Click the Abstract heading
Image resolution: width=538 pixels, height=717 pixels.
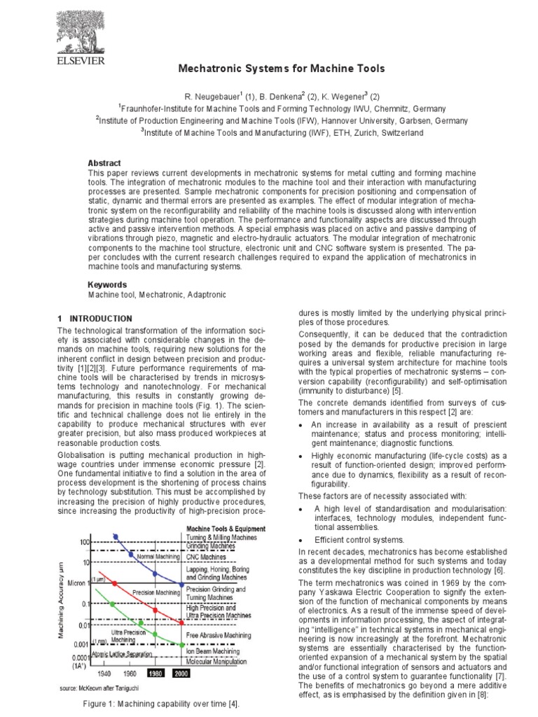click(x=104, y=163)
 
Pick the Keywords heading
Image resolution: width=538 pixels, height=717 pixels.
click(x=107, y=285)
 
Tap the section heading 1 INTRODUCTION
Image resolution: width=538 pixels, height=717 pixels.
click(x=95, y=319)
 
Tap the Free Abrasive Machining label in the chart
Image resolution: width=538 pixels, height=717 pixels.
click(x=219, y=635)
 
